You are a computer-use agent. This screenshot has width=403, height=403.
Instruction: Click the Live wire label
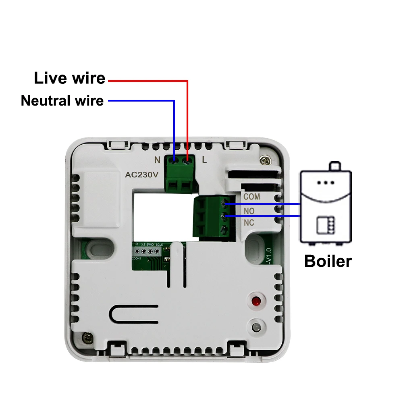69,78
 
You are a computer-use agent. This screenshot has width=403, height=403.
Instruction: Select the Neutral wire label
62,100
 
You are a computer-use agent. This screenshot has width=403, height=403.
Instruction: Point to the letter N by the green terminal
157,160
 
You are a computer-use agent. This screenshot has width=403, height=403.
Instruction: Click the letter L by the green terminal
204,160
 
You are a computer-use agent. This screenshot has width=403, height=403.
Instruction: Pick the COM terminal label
251,197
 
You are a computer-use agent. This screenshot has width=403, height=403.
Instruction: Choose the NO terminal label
249,211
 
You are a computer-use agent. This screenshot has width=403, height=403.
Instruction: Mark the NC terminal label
249,222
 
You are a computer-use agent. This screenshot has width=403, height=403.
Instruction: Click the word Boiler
328,261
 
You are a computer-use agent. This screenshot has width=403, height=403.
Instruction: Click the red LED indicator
255,301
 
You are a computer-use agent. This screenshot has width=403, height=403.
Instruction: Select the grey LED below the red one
255,326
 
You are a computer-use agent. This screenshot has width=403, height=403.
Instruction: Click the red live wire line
187,117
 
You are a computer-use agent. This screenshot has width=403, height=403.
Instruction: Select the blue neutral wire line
174,125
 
